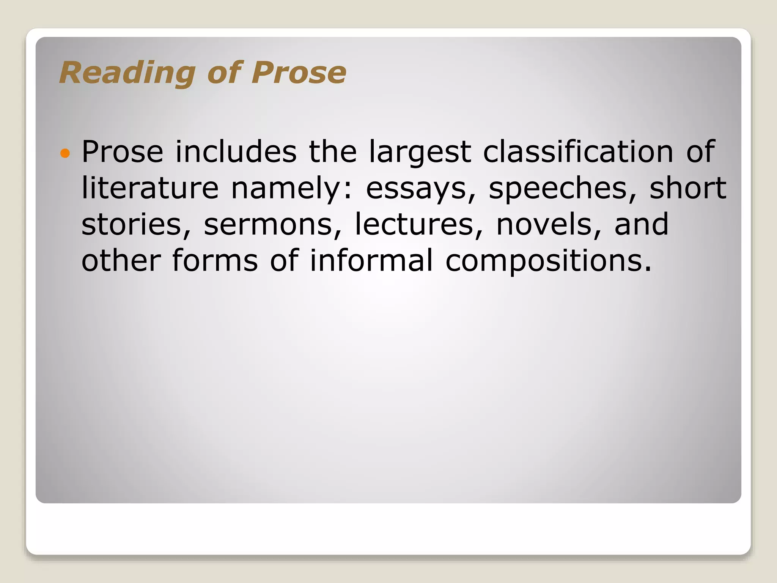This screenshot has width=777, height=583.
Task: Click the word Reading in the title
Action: pos(127,73)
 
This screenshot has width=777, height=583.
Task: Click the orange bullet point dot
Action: pos(65,153)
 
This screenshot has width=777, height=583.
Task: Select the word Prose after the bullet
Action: pos(122,152)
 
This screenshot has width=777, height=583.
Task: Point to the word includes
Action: pos(236,152)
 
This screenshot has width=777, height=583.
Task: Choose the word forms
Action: pos(215,261)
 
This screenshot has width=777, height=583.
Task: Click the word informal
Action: pos(371,261)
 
